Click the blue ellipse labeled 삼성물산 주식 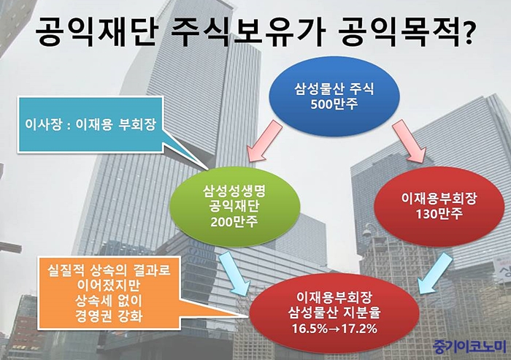334,96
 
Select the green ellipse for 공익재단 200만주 234,207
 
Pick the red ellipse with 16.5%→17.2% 334,313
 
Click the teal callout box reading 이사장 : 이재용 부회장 91,124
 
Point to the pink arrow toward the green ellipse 264,141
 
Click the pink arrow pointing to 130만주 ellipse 410,141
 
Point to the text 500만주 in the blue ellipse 334,104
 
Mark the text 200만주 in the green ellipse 234,221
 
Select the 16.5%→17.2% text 334,329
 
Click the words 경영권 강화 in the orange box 109,315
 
